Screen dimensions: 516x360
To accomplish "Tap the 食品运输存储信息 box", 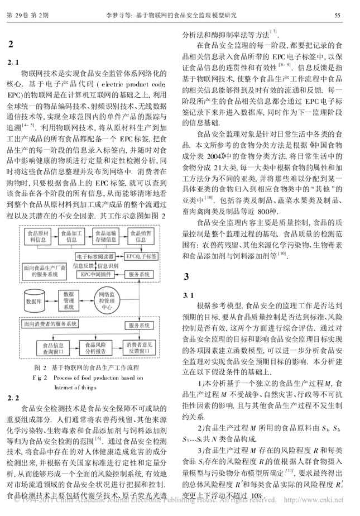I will click(x=106, y=235).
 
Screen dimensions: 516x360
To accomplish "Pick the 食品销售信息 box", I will click(x=142, y=235).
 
